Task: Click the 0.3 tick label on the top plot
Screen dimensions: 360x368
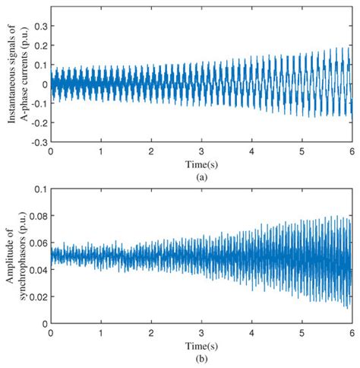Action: pyautogui.click(x=41, y=26)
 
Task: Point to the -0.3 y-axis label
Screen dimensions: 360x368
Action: pyautogui.click(x=39, y=142)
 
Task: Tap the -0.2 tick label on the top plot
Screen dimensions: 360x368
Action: pyautogui.click(x=39, y=123)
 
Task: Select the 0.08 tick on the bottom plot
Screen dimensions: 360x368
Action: pyautogui.click(x=39, y=216)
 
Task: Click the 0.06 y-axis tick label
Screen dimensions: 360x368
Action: pyautogui.click(x=39, y=243)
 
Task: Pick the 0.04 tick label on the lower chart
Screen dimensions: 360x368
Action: pyautogui.click(x=39, y=270)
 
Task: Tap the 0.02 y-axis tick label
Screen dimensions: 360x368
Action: pyautogui.click(x=39, y=297)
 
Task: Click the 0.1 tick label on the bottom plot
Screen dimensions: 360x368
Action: pyautogui.click(x=41, y=189)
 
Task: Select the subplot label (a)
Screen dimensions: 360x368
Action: pyautogui.click(x=201, y=177)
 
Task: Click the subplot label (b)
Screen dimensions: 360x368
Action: pyautogui.click(x=201, y=359)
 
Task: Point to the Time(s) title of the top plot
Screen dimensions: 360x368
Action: pyautogui.click(x=201, y=164)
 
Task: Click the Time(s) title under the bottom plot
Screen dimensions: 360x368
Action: pyautogui.click(x=201, y=346)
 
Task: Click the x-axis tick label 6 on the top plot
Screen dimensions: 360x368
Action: pyautogui.click(x=352, y=151)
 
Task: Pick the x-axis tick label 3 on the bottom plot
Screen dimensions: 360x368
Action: pyautogui.click(x=201, y=333)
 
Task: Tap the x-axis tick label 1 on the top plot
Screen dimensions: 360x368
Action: pyautogui.click(x=101, y=151)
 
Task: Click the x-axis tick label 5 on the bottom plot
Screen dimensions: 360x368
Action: pyautogui.click(x=302, y=333)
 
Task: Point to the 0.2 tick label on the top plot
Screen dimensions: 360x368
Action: pyautogui.click(x=41, y=46)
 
